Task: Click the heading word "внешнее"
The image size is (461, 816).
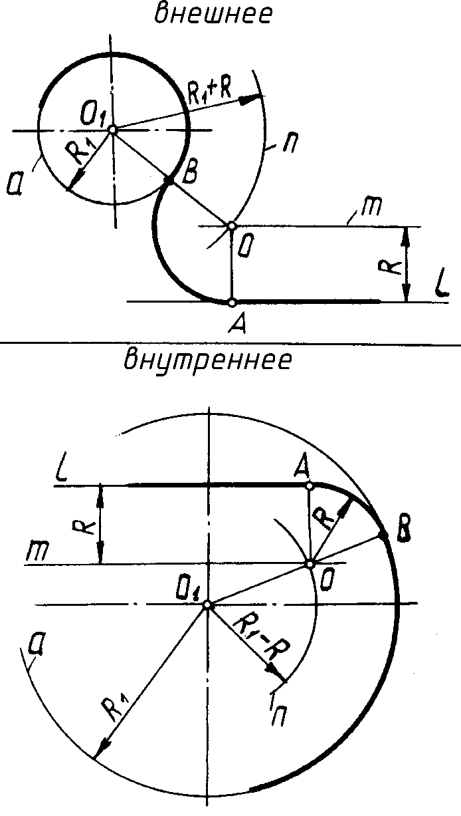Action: (x=213, y=15)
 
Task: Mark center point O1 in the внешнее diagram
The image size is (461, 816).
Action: (x=113, y=129)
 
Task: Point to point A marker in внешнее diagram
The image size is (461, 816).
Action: (x=231, y=302)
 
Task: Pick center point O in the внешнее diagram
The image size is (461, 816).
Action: (x=231, y=226)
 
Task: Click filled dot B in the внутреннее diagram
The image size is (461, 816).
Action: (x=383, y=534)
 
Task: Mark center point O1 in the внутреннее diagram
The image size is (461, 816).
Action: (x=207, y=605)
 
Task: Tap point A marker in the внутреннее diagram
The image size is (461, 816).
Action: (x=309, y=486)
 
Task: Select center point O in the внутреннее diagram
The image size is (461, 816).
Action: (x=310, y=564)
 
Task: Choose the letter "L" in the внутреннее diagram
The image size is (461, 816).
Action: (x=62, y=472)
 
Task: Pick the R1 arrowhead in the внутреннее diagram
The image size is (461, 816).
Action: (x=100, y=751)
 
